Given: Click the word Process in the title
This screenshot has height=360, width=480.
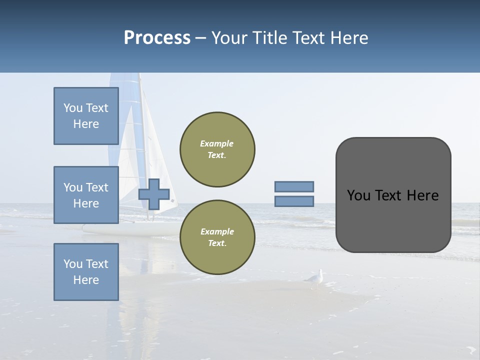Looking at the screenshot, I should (157, 38).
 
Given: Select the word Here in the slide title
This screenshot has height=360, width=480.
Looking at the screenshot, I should (348, 38).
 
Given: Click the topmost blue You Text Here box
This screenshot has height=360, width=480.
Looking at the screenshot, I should (86, 116).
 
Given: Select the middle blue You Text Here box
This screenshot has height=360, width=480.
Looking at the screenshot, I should (86, 195).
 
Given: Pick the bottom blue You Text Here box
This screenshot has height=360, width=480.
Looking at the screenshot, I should (86, 272).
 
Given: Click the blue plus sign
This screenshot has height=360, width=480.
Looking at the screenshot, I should (154, 194).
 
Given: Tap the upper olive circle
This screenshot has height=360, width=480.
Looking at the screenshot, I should (217, 149).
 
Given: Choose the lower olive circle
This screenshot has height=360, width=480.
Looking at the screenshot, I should (217, 237).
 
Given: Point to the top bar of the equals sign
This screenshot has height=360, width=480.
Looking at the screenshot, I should (294, 186).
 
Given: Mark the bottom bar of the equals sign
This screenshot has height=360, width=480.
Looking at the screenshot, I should (294, 201).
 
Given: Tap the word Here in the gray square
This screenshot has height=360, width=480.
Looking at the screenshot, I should (422, 195).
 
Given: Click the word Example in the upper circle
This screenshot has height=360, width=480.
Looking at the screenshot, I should (217, 143).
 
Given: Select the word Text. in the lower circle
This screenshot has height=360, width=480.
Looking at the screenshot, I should (217, 243).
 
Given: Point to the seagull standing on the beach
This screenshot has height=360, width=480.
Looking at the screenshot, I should (315, 278).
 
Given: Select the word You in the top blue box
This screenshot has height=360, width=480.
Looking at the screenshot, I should (73, 108).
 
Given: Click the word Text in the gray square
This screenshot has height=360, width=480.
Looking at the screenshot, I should (387, 195).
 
